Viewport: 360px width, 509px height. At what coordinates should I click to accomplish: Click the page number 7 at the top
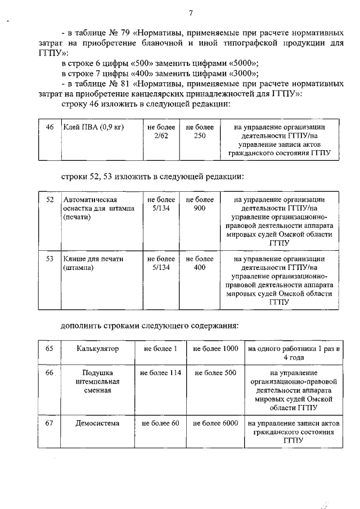coord(191,13)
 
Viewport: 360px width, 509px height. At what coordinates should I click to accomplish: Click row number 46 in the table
coord(49,127)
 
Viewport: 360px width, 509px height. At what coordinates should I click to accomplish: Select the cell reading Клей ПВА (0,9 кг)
coord(93,127)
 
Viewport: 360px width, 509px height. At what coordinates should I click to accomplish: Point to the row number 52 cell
coord(49,200)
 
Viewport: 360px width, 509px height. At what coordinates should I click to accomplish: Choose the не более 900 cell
coord(200,204)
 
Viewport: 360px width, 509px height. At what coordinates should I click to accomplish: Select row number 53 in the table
coord(49,259)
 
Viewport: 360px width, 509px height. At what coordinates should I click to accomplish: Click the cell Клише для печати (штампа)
coord(93,263)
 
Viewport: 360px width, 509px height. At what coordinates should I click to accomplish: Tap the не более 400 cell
coord(200,263)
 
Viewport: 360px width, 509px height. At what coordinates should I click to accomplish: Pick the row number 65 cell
coord(49,349)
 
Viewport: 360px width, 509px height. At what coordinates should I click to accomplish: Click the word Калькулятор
coord(98,349)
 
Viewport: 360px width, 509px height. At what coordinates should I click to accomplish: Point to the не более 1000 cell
coord(215,349)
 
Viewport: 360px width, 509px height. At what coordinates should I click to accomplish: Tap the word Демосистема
coord(98,423)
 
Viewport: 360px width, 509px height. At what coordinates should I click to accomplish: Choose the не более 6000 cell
coord(215,423)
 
